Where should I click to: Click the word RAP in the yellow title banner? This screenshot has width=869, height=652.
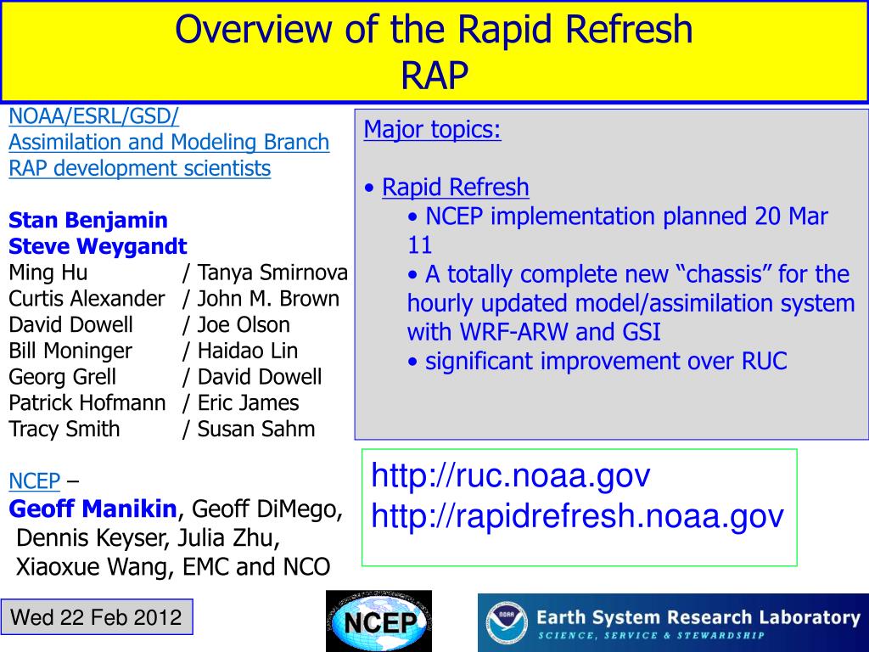click(x=434, y=75)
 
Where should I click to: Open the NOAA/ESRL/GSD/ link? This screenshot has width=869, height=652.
click(x=93, y=116)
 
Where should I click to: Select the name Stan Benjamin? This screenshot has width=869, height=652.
click(x=88, y=220)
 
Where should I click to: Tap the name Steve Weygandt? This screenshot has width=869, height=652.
click(x=98, y=246)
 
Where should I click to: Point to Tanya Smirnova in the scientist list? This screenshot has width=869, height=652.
click(x=272, y=273)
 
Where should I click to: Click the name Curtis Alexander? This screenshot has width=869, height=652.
click(x=87, y=298)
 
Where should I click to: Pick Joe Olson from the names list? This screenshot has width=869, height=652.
click(x=244, y=324)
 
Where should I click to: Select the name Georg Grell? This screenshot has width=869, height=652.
click(x=63, y=376)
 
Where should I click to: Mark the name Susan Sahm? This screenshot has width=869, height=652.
click(x=256, y=429)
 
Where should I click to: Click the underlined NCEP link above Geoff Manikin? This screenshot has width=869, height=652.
click(x=34, y=481)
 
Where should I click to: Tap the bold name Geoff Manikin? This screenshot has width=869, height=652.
click(x=93, y=509)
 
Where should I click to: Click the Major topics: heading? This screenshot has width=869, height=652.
click(x=432, y=129)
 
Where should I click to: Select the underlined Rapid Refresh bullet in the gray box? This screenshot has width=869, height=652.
click(x=456, y=187)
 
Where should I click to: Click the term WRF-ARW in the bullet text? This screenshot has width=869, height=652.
click(x=513, y=332)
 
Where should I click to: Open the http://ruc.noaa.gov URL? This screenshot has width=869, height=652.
click(x=510, y=475)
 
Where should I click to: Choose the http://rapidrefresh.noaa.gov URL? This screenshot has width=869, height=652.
click(x=577, y=515)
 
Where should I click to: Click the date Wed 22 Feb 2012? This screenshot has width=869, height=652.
click(x=96, y=617)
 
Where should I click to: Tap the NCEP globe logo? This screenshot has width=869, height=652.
click(x=379, y=621)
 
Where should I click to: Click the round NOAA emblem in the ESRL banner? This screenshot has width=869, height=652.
click(x=507, y=622)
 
